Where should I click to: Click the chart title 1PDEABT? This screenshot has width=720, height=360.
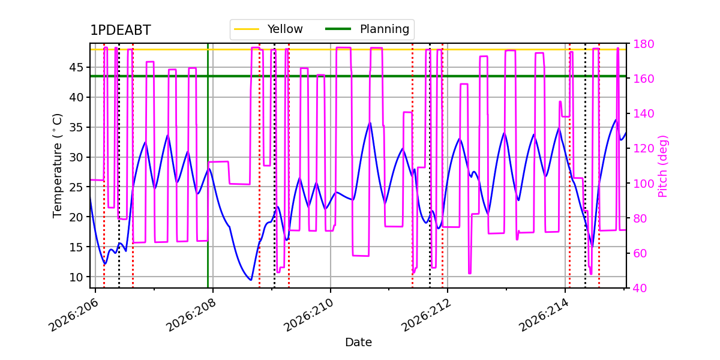point(121,30)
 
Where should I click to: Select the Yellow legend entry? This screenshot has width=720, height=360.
point(269,29)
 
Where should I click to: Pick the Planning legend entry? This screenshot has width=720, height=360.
point(367,29)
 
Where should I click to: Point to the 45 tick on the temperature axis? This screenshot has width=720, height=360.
point(76,67)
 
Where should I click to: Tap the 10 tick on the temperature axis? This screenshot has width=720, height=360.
point(76,277)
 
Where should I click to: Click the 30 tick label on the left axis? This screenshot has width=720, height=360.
point(76,157)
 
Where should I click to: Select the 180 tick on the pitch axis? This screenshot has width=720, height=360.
point(643,44)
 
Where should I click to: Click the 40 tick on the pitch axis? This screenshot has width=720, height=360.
point(640,289)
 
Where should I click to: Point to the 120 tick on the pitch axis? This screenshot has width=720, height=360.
point(643,149)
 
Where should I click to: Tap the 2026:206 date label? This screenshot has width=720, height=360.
point(73,315)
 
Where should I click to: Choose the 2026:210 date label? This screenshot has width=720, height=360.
point(308,315)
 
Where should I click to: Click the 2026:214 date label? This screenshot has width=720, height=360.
point(544,315)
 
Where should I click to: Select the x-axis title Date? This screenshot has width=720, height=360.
point(358,343)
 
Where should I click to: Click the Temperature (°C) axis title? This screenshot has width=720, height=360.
point(57,166)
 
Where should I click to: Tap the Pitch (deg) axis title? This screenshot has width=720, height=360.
point(663,166)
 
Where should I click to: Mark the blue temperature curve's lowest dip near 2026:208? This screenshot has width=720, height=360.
point(251,280)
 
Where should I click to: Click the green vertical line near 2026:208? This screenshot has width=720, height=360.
point(208,166)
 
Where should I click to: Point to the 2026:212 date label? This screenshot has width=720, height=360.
point(426,315)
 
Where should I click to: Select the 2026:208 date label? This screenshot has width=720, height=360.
point(191,315)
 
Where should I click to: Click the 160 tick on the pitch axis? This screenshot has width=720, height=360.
point(643,79)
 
